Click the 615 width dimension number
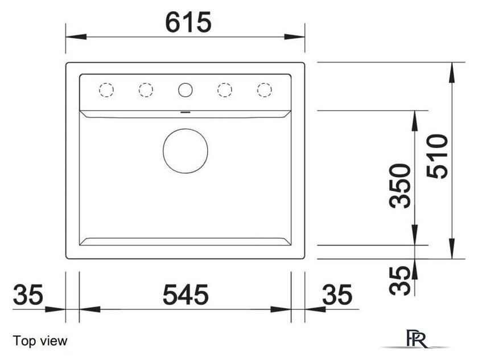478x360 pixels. [188, 22]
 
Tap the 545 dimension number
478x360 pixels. [186, 294]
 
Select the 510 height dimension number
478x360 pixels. [437, 156]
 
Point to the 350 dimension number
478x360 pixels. [400, 186]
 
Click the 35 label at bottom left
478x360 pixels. [28, 294]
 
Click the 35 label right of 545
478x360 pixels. [337, 294]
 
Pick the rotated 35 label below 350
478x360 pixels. [400, 281]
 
